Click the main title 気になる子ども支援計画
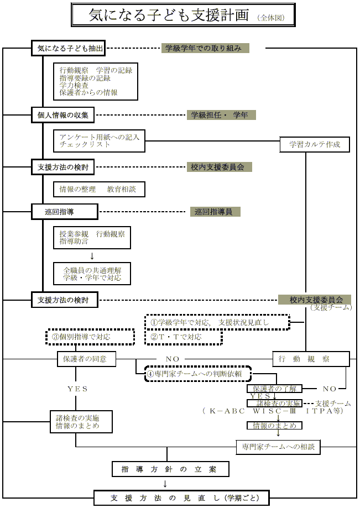169,15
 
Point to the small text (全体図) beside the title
271,18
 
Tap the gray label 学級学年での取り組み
205,48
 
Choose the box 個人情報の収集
63,116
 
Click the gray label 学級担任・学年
220,115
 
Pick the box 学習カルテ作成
315,145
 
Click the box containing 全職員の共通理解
92,273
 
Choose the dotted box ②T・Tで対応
183,337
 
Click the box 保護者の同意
86,359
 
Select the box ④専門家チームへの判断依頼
198,373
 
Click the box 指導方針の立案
170,469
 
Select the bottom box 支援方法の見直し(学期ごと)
181,497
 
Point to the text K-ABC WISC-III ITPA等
273,411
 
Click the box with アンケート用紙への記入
99,140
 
